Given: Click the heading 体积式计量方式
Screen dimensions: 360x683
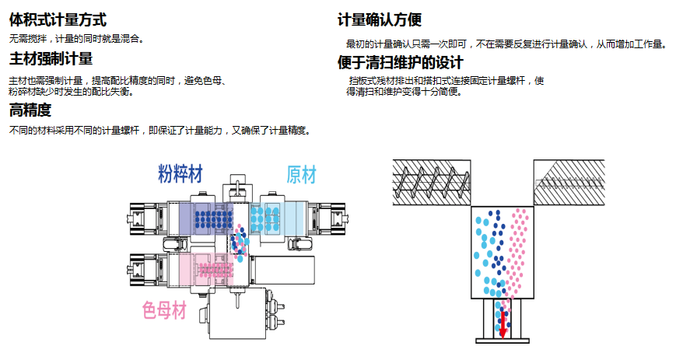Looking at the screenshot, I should click(58, 19).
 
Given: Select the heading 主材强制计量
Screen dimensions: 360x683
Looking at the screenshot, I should click(51, 59).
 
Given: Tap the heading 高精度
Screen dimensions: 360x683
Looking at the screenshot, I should click(30, 110).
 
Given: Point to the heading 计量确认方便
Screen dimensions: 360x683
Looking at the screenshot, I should click(380, 19).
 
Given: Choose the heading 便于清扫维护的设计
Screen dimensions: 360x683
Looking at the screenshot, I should click(400, 62).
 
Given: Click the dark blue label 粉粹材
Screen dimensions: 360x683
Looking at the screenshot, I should click(180, 173).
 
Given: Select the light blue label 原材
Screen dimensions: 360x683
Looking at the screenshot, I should click(302, 174).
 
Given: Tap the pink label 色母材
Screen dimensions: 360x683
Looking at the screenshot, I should click(164, 311).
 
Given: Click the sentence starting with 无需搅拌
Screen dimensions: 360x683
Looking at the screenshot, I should click(75, 37).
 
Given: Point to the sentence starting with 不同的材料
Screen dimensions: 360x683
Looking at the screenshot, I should click(159, 130).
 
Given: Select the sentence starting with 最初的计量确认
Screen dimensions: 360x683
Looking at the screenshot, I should click(506, 44).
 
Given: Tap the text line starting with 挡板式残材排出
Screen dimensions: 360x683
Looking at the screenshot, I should click(446, 80).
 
